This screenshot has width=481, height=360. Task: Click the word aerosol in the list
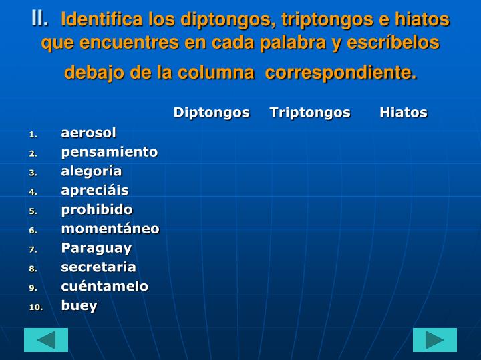pos(88,133)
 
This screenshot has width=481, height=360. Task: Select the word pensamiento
pos(110,152)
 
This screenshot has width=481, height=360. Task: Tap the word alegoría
pos(92,171)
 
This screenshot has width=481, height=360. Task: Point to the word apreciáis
pos(95,191)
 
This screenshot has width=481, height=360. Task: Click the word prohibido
pos(97,209)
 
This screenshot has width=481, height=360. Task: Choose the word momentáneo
pos(110,229)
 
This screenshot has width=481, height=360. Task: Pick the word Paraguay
pos(96,248)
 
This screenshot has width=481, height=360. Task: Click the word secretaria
pos(98,267)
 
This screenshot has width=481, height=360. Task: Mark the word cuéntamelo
pos(105,286)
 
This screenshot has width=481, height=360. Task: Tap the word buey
pos(79,305)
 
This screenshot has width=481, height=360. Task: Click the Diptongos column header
pos(211,112)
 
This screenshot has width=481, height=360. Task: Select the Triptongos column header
pos(310,112)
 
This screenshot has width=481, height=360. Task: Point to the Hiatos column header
pos(404,112)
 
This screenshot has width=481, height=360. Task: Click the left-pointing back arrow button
pos(46,340)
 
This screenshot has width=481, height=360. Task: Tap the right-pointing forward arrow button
pos(435,340)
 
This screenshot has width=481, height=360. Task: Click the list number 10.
pos(35,307)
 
